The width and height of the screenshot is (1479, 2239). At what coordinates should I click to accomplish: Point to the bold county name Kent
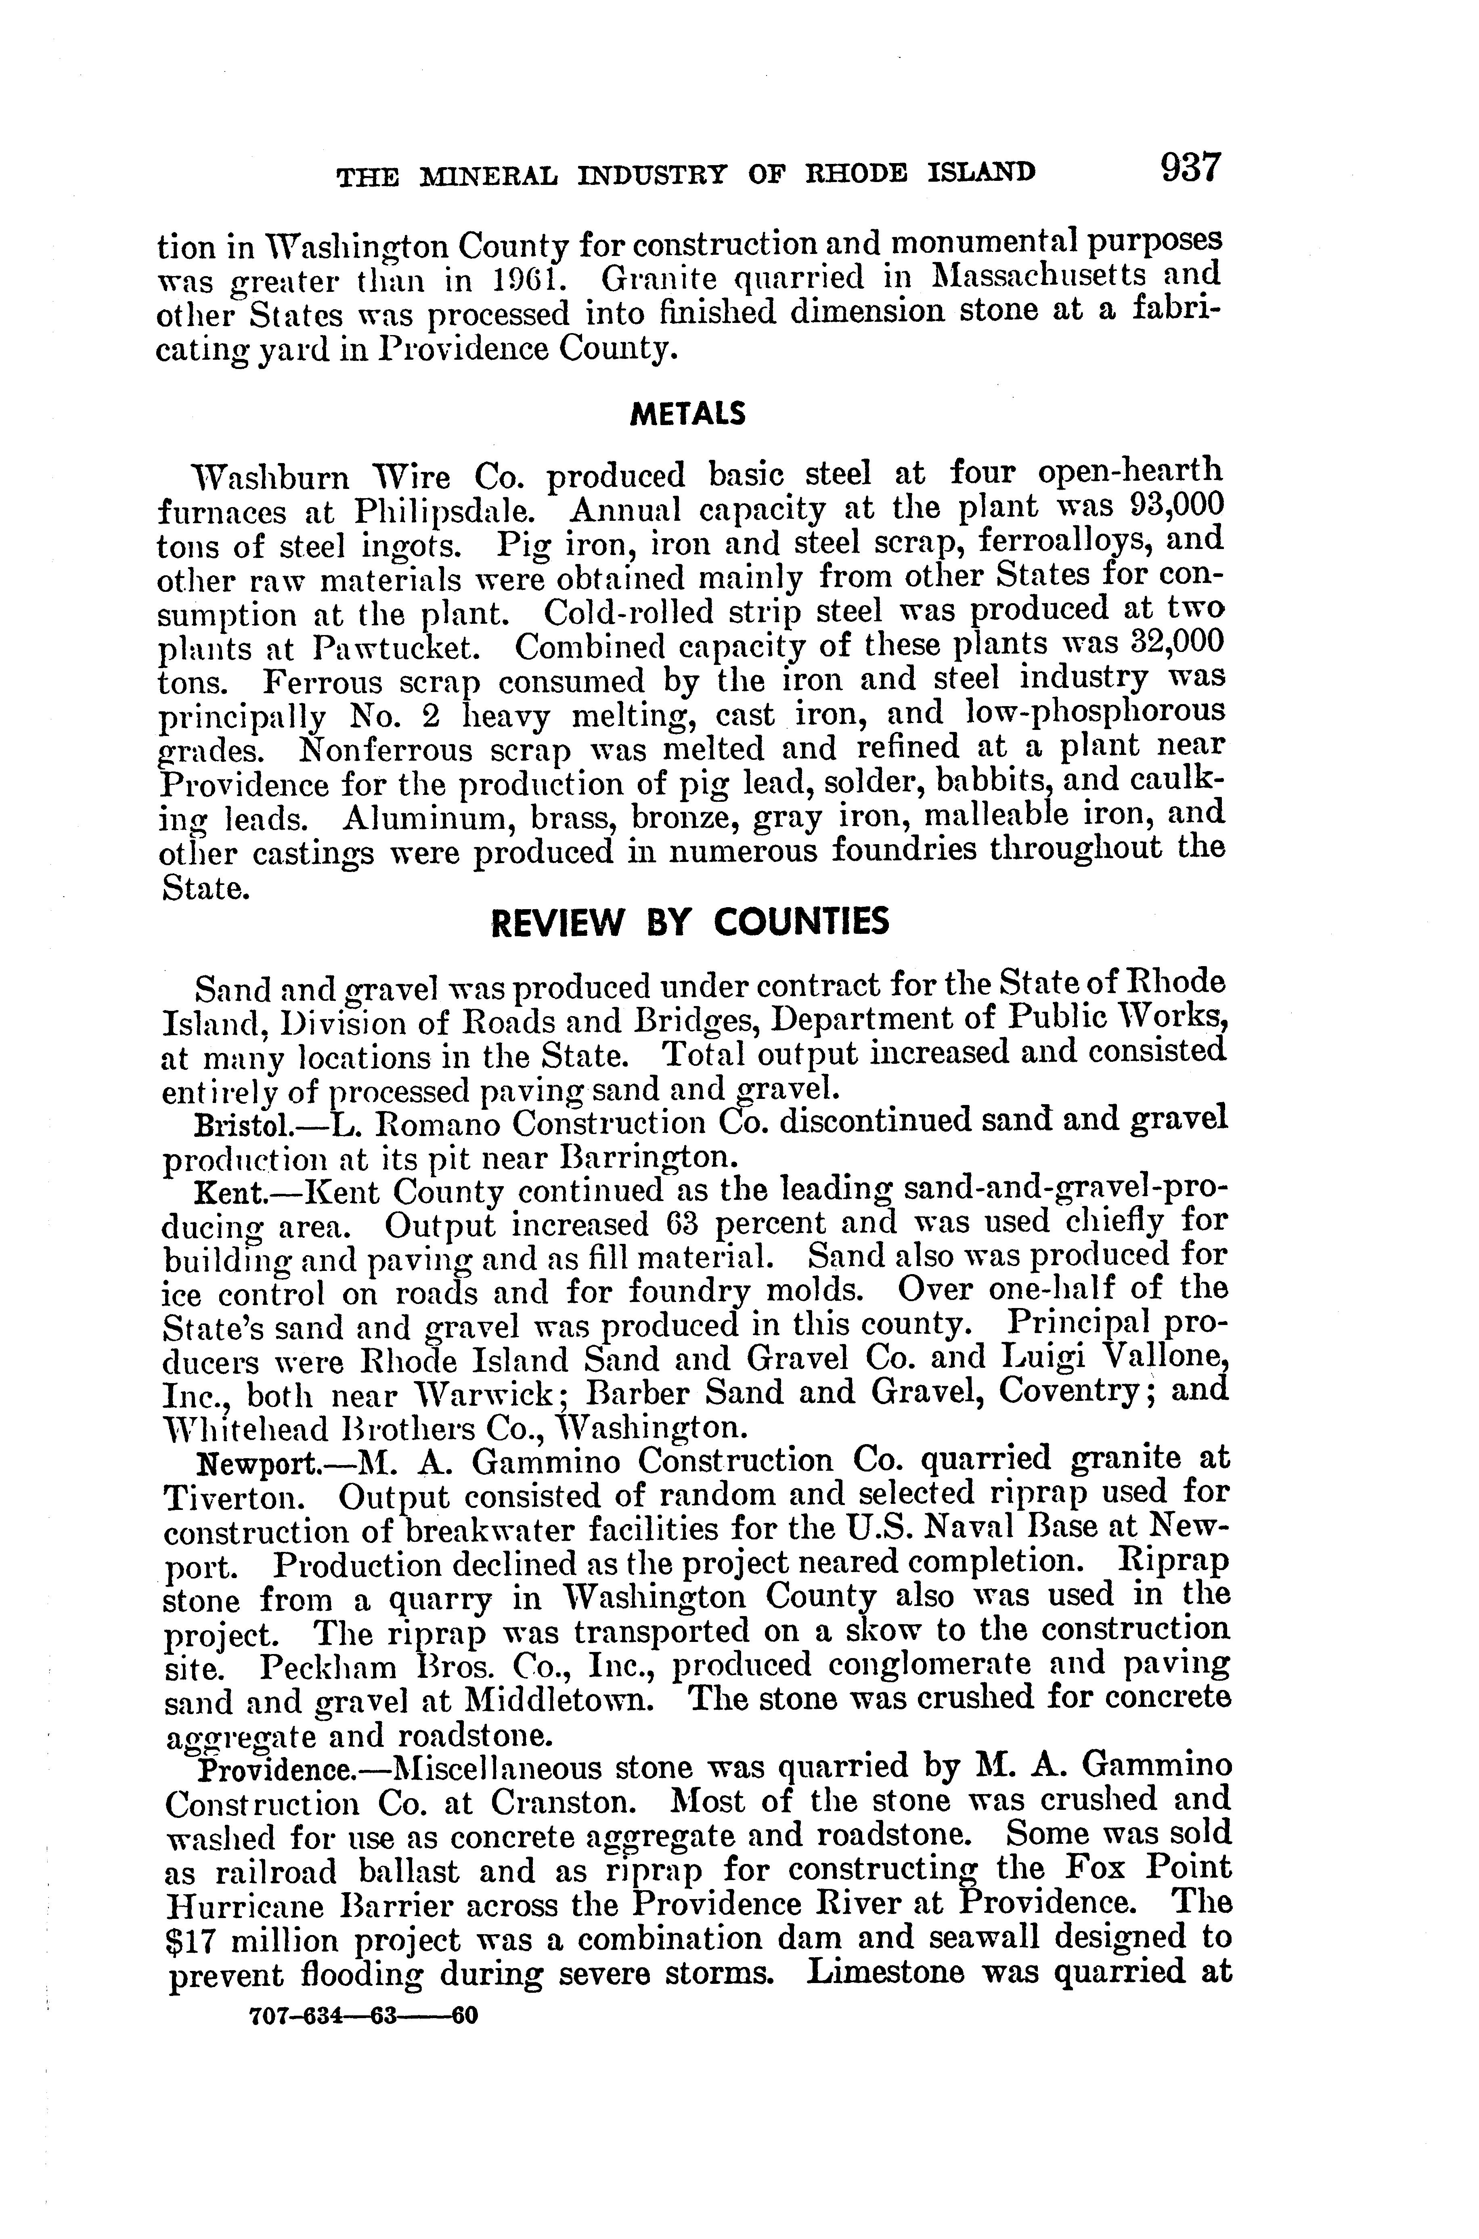point(222,1193)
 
